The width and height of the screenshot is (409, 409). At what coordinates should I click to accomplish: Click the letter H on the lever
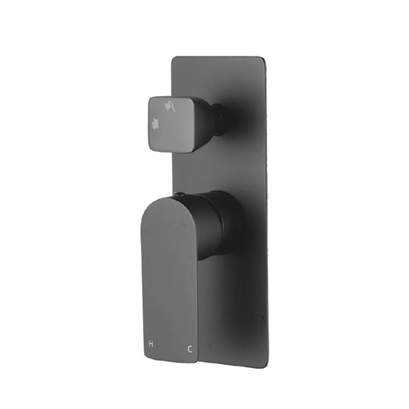(151, 345)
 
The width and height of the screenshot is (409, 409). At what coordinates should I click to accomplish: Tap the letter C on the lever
(190, 350)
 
